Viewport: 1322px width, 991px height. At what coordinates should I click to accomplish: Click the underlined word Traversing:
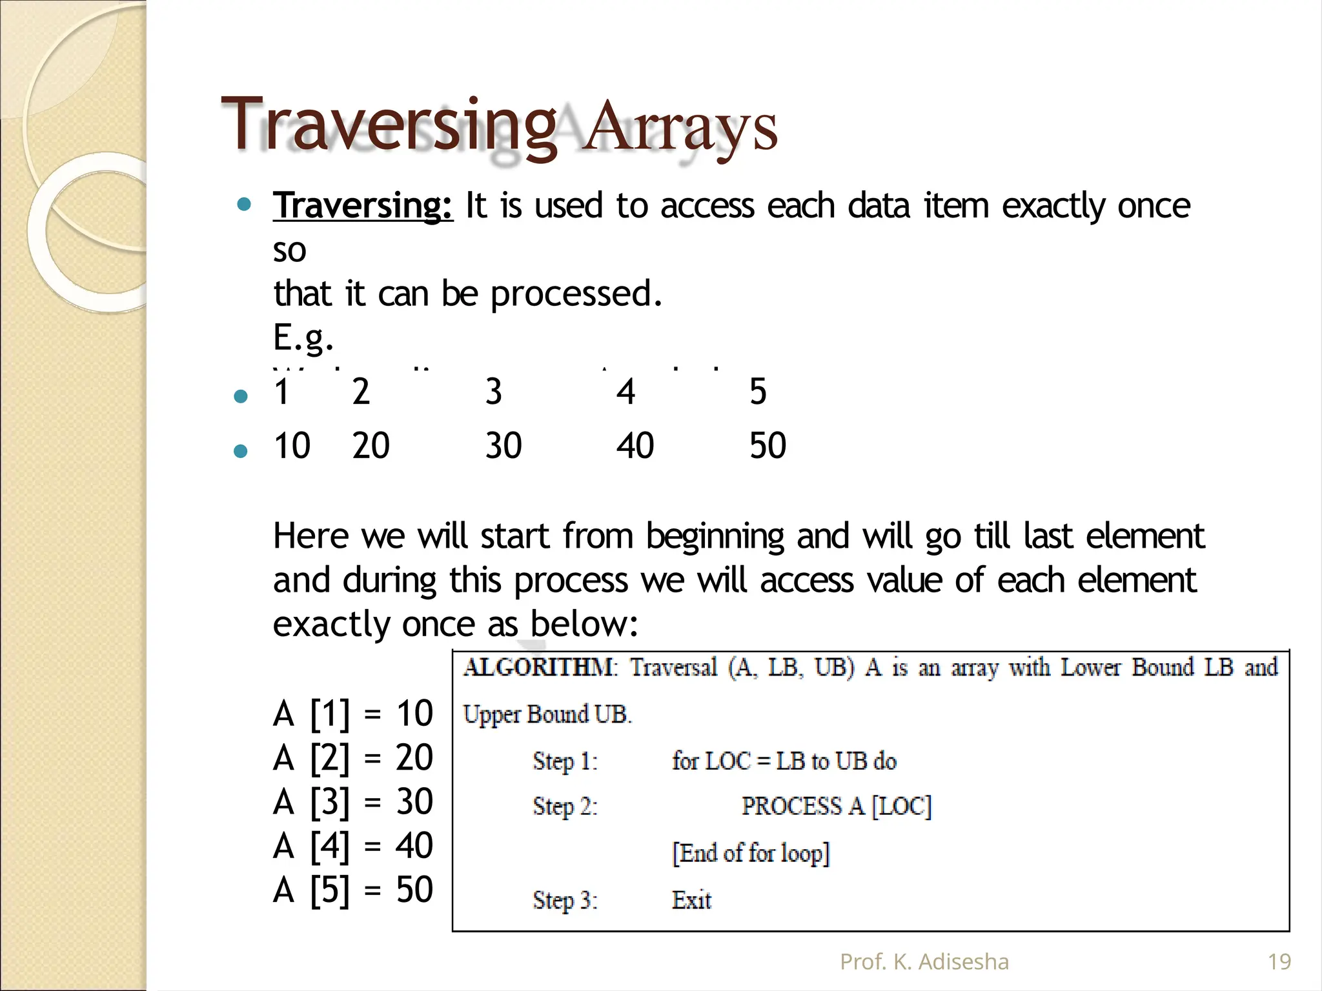click(x=363, y=206)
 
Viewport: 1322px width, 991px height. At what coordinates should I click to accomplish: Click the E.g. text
click(x=303, y=337)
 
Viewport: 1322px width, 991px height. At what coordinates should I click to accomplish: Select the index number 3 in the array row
click(x=494, y=392)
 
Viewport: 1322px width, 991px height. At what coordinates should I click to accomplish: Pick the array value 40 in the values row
click(x=635, y=446)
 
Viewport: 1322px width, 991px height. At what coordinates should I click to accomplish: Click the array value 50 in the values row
click(x=768, y=446)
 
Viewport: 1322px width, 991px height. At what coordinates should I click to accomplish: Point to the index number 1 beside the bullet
click(x=281, y=392)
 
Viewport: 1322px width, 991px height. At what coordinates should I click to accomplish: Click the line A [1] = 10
click(x=353, y=714)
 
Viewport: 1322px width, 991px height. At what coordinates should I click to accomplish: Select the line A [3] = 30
click(x=353, y=802)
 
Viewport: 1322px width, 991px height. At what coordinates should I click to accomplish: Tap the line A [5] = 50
click(x=353, y=890)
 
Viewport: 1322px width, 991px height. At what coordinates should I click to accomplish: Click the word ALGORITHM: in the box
click(x=540, y=667)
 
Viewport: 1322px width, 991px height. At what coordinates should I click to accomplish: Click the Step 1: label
click(x=565, y=761)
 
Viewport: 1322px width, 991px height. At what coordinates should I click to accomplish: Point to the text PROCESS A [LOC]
click(x=836, y=806)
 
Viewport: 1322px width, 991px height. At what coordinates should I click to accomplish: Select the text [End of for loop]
click(x=750, y=853)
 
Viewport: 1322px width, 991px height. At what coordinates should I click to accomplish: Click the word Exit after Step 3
click(x=691, y=900)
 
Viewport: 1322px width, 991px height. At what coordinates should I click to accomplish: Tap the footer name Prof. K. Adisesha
click(x=924, y=962)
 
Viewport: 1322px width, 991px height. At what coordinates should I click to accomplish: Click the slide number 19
click(x=1279, y=962)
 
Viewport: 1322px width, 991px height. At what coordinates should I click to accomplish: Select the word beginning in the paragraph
click(x=715, y=537)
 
